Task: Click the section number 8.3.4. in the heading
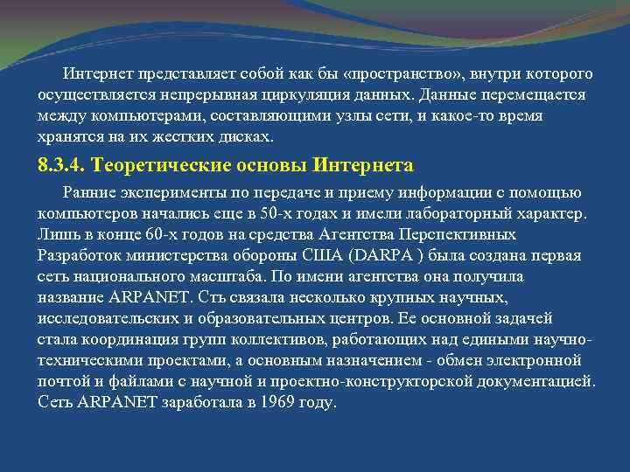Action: [x=62, y=165]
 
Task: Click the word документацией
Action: [x=541, y=381]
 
